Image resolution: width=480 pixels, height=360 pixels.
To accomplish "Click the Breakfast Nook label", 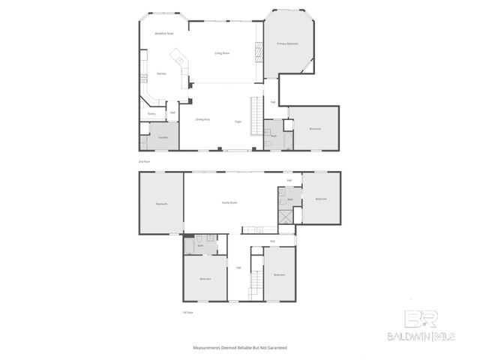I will coord(164,34).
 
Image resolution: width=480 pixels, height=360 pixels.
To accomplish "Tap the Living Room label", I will coord(222,53).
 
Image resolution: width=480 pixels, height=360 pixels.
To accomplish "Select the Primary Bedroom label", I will coord(287,44).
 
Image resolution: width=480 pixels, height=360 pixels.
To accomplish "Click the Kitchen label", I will coord(161,73).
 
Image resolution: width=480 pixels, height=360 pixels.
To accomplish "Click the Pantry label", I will coord(151,114).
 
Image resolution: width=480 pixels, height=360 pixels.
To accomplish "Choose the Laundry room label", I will coord(163,137).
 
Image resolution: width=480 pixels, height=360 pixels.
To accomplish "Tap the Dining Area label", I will coord(202,120).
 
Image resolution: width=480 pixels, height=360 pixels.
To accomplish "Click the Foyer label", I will coord(238,121).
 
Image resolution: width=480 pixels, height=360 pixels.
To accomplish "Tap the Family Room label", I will coord(229,202).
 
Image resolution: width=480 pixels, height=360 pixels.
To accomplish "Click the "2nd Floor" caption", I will coord(144,161).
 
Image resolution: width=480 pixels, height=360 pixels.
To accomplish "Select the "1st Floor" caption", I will coord(187,312).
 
